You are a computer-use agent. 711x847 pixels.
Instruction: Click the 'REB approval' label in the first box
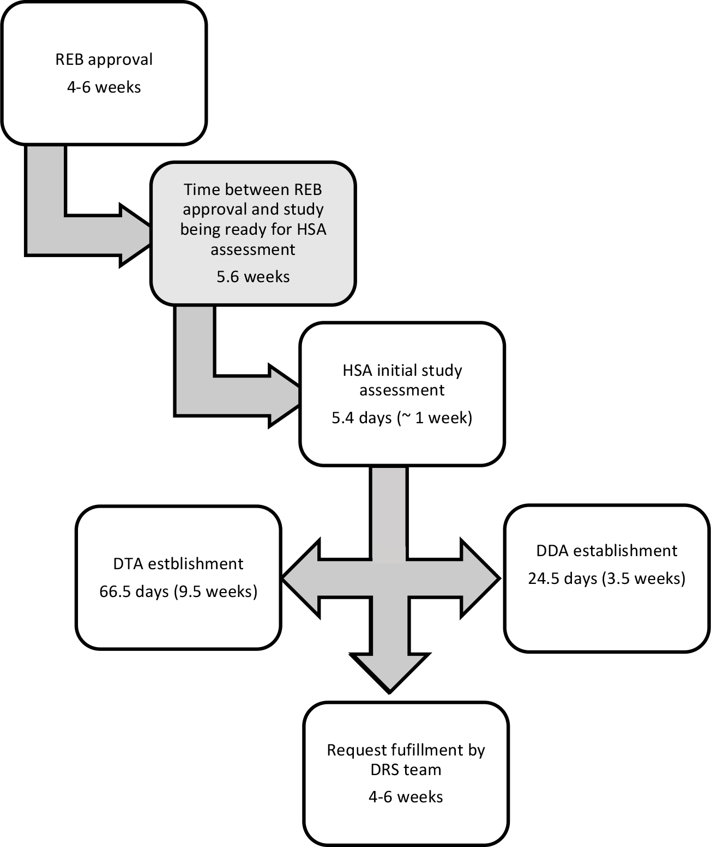[104, 60]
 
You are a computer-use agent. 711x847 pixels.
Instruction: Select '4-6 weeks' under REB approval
[104, 87]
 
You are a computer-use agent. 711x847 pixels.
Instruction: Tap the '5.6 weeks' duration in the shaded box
[253, 277]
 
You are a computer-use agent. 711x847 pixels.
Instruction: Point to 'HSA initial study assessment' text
[402, 380]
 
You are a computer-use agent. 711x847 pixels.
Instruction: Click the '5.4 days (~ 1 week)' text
[402, 418]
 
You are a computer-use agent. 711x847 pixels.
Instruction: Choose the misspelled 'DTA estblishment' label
[178, 564]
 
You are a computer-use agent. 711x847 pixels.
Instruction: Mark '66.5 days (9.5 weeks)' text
[178, 592]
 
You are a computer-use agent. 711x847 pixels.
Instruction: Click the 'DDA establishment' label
[607, 551]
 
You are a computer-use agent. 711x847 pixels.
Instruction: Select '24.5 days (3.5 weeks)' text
[607, 578]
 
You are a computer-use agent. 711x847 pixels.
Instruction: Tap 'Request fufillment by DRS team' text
[406, 760]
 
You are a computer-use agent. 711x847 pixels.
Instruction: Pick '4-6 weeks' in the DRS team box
[406, 797]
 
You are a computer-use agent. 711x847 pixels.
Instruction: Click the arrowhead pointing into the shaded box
[136, 235]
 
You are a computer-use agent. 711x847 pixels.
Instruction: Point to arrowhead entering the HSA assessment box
[285, 395]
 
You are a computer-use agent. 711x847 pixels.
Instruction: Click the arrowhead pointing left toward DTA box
[302, 578]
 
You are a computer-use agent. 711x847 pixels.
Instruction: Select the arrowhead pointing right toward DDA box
[480, 578]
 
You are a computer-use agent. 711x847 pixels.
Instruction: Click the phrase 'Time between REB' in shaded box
[253, 190]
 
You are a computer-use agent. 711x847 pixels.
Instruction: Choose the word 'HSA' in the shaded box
[311, 229]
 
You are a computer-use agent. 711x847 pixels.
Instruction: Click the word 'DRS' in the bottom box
[385, 770]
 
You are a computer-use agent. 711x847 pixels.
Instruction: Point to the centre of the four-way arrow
[389, 578]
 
